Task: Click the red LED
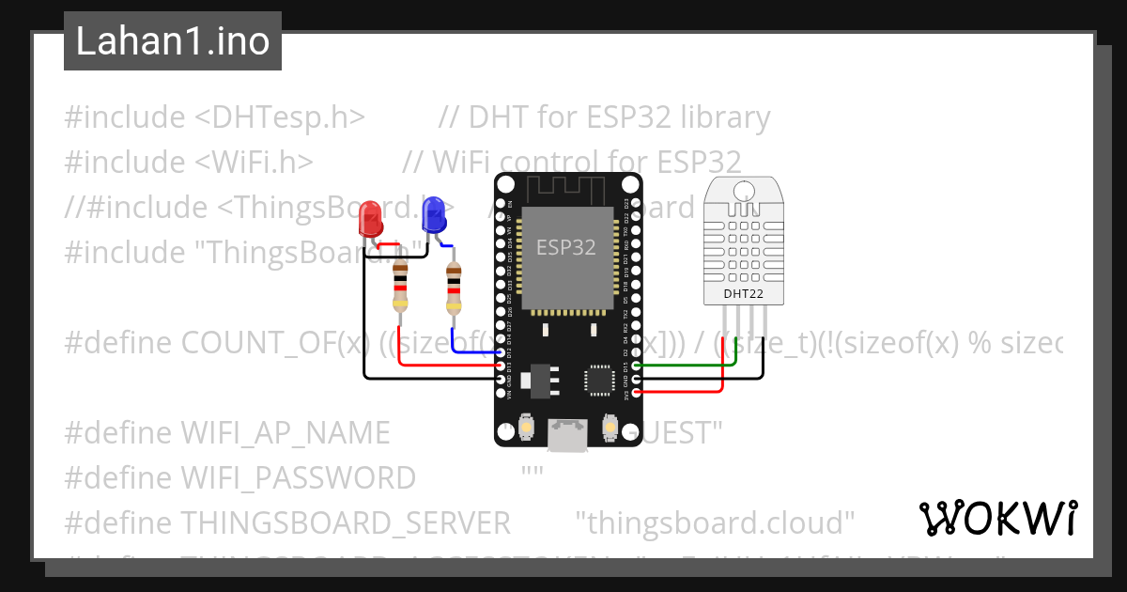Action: coord(370,220)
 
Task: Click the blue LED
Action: coord(433,215)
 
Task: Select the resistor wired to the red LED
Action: coord(400,286)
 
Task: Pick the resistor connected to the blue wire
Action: coord(454,286)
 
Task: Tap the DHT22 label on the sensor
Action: coord(742,294)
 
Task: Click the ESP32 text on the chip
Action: coord(565,248)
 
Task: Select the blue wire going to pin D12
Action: coord(470,351)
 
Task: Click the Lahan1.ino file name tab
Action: coord(173,41)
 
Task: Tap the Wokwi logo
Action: coord(997,518)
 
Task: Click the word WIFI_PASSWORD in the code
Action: coord(298,477)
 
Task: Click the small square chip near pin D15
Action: coord(598,379)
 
